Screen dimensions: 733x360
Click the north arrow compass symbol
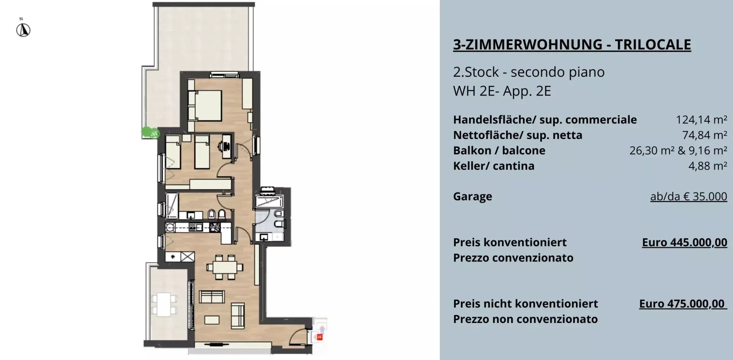(23, 30)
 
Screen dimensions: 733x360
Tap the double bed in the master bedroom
(205, 105)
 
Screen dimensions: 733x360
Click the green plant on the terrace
(146, 132)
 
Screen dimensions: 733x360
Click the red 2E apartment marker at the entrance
(320, 337)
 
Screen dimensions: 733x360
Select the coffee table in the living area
(212, 320)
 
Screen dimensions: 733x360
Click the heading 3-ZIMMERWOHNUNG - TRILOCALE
(572, 45)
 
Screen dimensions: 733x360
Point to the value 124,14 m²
(701, 119)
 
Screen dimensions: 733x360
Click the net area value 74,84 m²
(704, 135)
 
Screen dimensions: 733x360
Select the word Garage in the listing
(473, 197)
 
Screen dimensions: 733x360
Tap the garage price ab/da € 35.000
(689, 196)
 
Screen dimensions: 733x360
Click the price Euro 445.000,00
(685, 242)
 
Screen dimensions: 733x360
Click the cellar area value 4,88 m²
(707, 166)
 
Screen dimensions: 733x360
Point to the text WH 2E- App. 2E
(502, 91)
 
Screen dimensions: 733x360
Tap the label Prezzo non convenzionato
(525, 319)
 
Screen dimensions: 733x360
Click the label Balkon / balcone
(499, 150)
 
